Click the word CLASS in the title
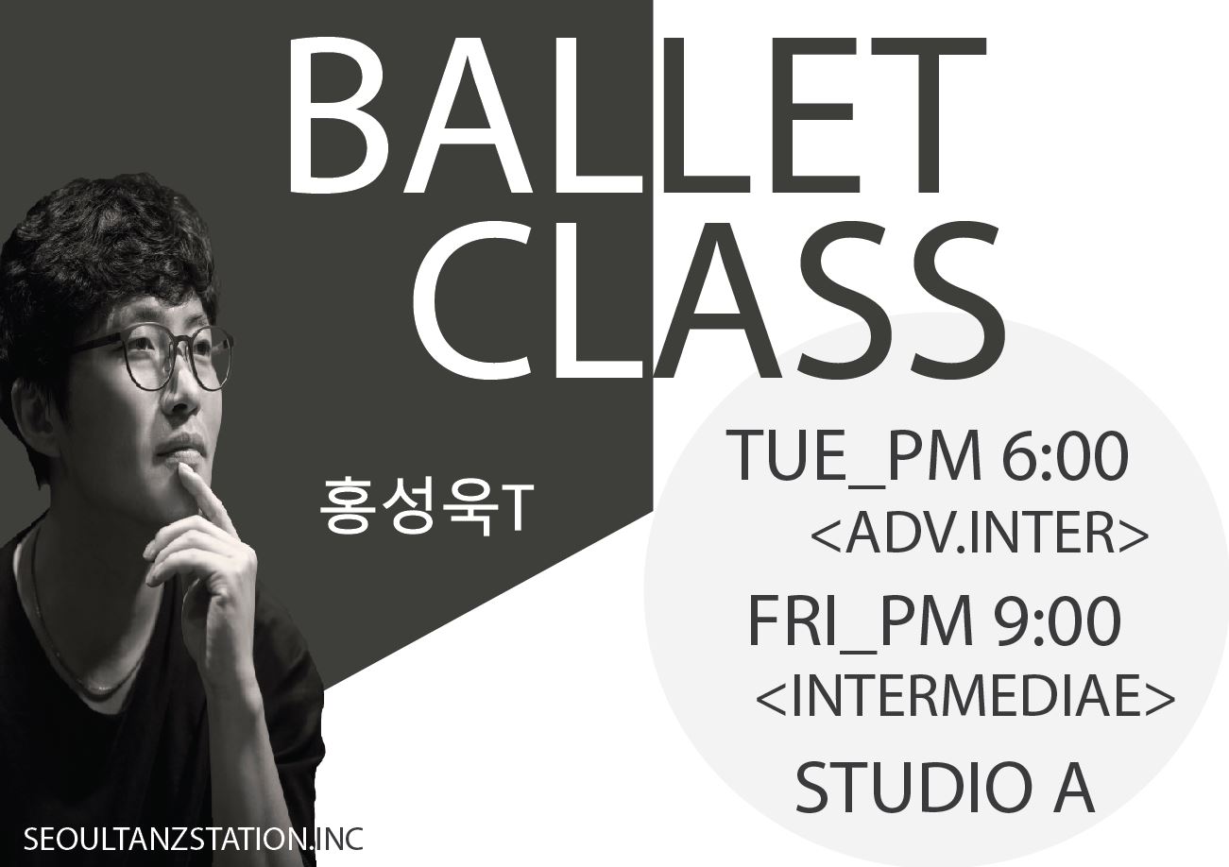pos(708,300)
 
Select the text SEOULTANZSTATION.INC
pos(193,840)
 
